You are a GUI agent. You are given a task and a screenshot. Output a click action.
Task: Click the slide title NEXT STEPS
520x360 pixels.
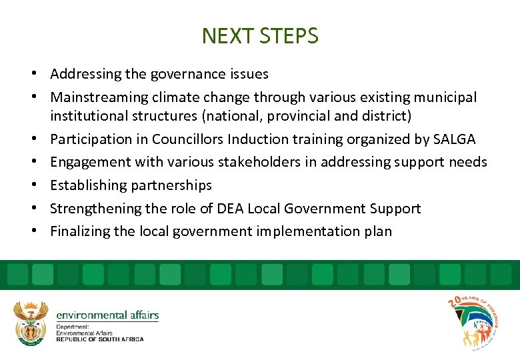pos(260,36)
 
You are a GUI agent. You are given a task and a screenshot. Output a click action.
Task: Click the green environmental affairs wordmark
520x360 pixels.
pos(107,315)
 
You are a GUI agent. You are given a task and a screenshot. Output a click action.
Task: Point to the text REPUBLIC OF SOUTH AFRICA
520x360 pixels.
pos(100,339)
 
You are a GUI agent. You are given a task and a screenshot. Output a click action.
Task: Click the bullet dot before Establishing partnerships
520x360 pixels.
pos(41,185)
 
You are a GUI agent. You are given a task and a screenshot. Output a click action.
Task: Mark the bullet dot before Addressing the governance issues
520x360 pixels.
pos(41,74)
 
